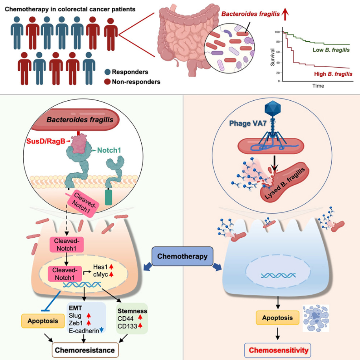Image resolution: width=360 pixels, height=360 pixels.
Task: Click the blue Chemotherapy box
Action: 182,257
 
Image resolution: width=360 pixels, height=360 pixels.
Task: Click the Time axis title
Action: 318,86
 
